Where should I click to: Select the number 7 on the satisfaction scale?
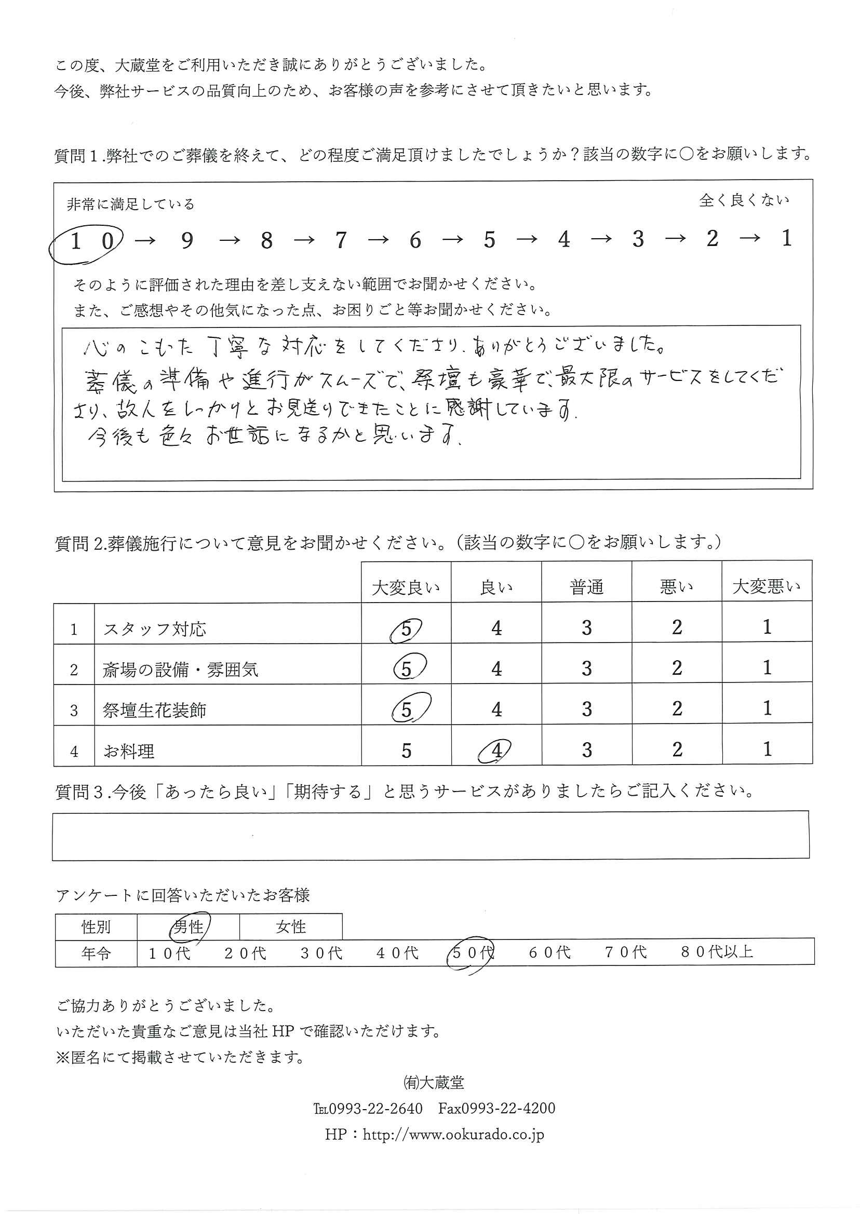pyautogui.click(x=341, y=241)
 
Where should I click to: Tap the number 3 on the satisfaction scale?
pyautogui.click(x=638, y=240)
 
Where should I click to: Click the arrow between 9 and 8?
pyautogui.click(x=230, y=241)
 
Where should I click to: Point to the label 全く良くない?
pyautogui.click(x=744, y=200)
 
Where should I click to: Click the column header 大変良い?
pyautogui.click(x=406, y=588)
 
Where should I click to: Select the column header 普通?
pyautogui.click(x=586, y=588)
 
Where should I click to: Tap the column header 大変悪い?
pyautogui.click(x=767, y=586)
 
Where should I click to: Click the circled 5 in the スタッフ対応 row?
pyautogui.click(x=406, y=629)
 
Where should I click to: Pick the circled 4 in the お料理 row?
pyautogui.click(x=496, y=751)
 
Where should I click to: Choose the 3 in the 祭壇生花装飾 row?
pyautogui.click(x=587, y=709)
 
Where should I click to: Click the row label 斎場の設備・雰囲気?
pyautogui.click(x=180, y=670)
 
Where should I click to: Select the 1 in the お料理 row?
pyautogui.click(x=767, y=749)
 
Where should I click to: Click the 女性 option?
pyautogui.click(x=291, y=926)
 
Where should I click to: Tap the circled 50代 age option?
pyautogui.click(x=471, y=953)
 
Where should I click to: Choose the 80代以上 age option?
pyautogui.click(x=717, y=952)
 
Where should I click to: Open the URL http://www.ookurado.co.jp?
pyautogui.click(x=453, y=1135)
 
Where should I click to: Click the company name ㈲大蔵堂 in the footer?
pyautogui.click(x=434, y=1083)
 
